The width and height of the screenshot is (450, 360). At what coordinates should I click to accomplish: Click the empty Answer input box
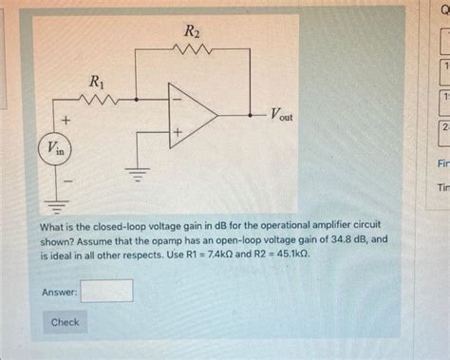106,291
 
